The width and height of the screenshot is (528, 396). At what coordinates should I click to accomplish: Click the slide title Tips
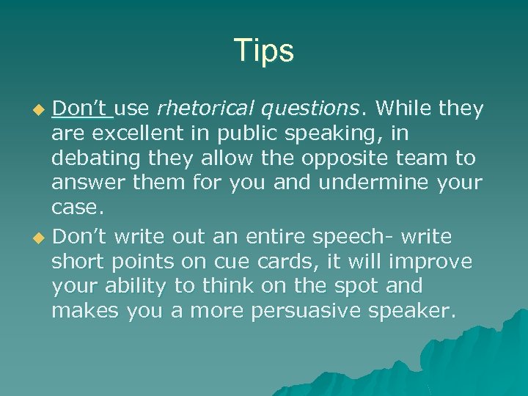coord(264,51)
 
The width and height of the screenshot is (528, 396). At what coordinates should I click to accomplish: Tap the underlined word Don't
coord(81,109)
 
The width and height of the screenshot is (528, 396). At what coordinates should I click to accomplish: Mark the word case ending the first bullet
coord(78,208)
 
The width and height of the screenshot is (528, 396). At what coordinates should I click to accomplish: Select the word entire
coord(282,237)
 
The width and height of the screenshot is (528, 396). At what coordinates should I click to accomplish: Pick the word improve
coord(438,262)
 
